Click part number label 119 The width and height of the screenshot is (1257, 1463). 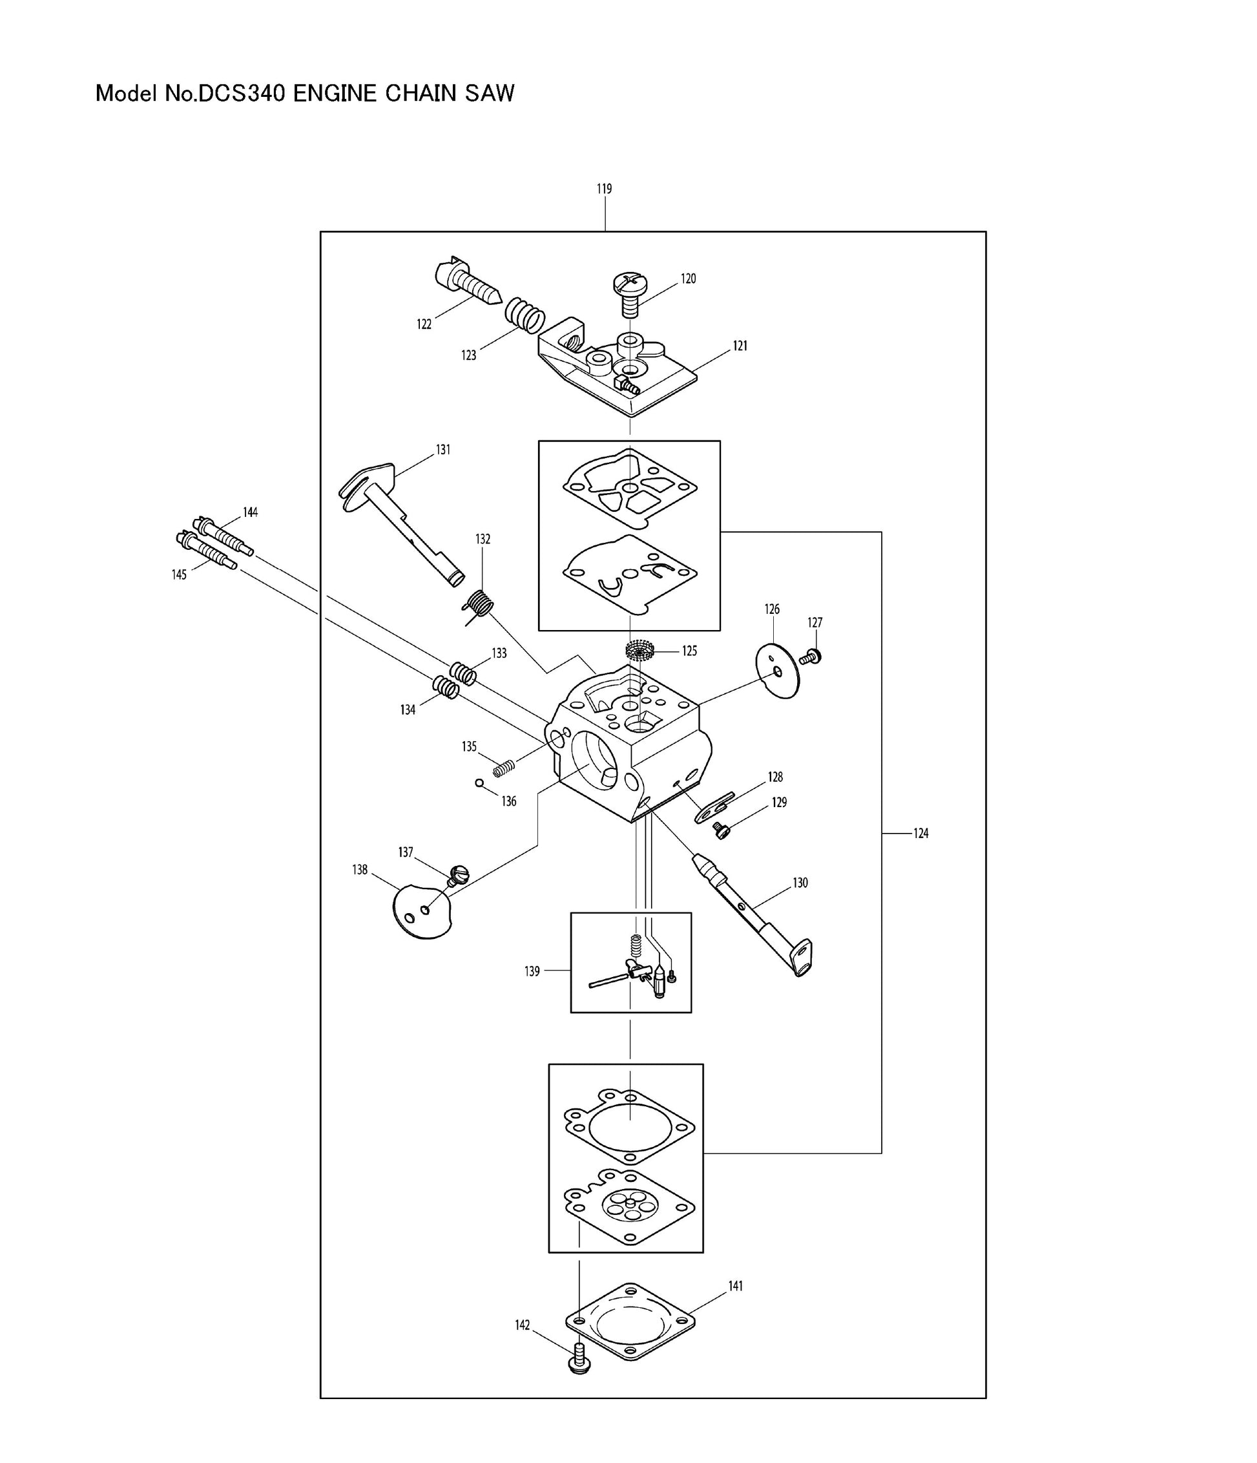coord(603,189)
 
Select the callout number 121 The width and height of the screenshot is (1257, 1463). coord(740,346)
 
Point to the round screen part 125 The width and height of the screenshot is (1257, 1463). coord(641,650)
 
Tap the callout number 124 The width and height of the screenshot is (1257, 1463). coord(920,833)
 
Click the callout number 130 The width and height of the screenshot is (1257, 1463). coord(800,883)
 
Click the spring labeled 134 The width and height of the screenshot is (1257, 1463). coord(446,686)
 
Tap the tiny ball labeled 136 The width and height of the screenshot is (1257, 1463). coord(479,783)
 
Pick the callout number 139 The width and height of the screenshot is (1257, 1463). coord(532,972)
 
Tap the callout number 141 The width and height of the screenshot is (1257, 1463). coord(736,1286)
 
